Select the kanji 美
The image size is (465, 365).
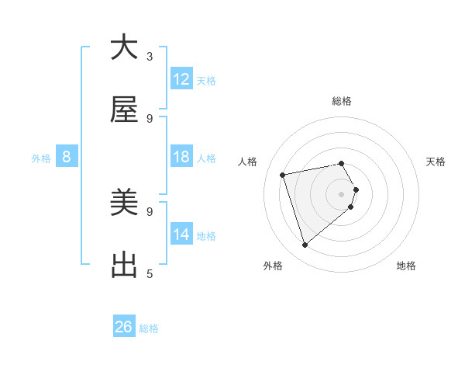click(125, 203)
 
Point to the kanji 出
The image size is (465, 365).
click(125, 266)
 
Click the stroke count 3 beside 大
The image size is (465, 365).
click(150, 56)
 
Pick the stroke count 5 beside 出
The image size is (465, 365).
click(150, 273)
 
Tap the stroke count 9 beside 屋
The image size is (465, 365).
click(150, 118)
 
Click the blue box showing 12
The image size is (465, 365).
click(181, 79)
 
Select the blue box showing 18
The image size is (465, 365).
click(181, 158)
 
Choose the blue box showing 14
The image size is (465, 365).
click(181, 235)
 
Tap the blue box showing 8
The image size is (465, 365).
click(67, 158)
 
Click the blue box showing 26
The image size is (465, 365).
click(124, 327)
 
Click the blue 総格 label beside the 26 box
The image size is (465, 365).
click(149, 328)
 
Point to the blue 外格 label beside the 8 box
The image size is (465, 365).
click(41, 158)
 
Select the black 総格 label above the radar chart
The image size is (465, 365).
click(342, 101)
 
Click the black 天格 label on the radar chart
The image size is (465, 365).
click(436, 162)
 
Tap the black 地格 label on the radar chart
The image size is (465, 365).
click(406, 266)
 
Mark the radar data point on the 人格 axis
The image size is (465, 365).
click(283, 174)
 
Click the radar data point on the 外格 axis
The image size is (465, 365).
click(305, 245)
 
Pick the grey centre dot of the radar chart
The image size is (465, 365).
click(342, 193)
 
